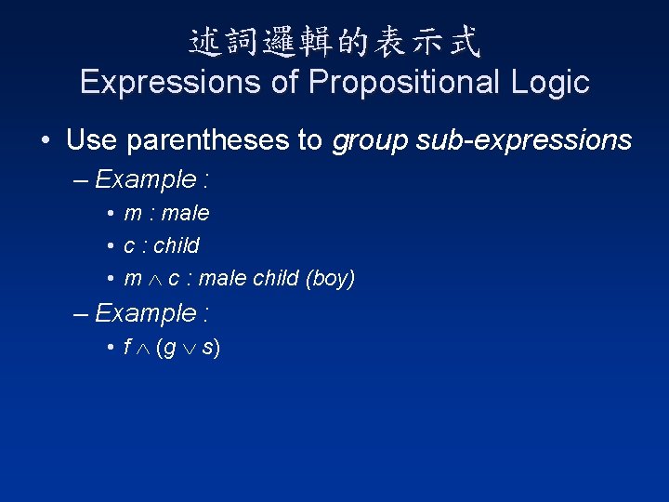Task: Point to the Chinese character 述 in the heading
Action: (205, 40)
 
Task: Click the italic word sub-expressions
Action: (525, 140)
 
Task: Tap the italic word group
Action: (372, 140)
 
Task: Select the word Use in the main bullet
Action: (92, 140)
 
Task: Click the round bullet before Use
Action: (46, 141)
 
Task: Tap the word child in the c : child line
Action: (177, 246)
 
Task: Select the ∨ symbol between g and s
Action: (189, 349)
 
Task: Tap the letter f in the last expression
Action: (127, 348)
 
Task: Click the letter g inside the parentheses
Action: (170, 350)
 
